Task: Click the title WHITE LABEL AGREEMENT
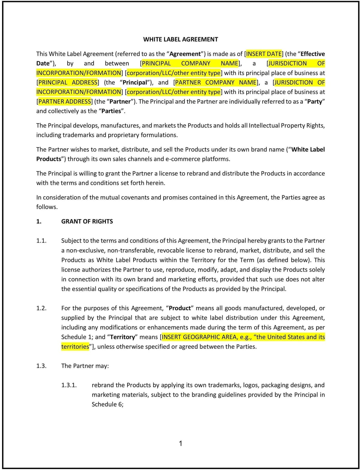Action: [181, 39]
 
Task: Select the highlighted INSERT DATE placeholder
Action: [264, 54]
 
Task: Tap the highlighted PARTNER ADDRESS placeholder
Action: [64, 102]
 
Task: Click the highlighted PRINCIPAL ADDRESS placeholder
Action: [68, 82]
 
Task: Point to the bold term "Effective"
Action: [313, 54]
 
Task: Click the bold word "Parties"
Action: [111, 111]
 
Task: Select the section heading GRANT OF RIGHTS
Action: [87, 222]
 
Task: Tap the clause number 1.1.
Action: [41, 241]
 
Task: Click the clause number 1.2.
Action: [41, 308]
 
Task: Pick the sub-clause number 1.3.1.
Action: [69, 385]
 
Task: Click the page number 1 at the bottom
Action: [180, 444]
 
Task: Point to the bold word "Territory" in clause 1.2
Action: [123, 337]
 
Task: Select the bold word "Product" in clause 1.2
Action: [180, 308]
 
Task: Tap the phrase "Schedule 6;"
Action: [107, 405]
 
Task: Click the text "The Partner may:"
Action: [85, 366]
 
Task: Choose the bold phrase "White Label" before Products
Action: [308, 150]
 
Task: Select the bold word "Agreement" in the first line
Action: [185, 54]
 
